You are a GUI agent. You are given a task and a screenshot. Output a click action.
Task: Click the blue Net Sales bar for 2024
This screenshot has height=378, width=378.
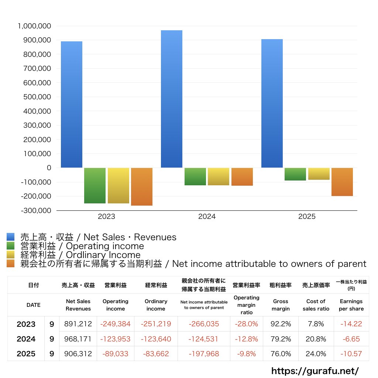click(x=172, y=99)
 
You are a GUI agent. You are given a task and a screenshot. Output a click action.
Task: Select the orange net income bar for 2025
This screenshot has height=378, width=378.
click(x=342, y=182)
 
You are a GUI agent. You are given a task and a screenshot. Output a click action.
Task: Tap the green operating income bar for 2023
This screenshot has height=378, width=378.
click(x=95, y=185)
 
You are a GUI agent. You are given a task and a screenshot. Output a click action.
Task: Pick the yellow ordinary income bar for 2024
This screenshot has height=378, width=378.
click(x=219, y=176)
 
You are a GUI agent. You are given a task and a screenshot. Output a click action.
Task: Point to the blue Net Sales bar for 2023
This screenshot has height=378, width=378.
click(x=72, y=104)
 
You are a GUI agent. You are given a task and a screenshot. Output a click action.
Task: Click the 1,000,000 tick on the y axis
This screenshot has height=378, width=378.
click(x=34, y=26)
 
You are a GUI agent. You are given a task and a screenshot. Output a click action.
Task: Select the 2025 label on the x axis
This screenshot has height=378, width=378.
click(x=307, y=217)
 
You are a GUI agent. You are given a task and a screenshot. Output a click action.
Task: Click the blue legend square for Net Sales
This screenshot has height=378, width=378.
click(x=10, y=237)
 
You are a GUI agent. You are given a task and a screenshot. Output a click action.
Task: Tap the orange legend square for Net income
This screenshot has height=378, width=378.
click(x=10, y=264)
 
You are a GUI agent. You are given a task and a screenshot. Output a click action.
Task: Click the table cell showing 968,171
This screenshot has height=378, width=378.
click(x=78, y=339)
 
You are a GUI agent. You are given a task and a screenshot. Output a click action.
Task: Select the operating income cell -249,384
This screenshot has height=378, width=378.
click(x=116, y=324)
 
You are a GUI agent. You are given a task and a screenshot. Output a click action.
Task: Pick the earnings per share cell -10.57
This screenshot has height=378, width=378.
click(x=351, y=354)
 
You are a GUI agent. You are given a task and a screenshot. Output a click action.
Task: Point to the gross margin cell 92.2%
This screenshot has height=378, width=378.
click(x=281, y=324)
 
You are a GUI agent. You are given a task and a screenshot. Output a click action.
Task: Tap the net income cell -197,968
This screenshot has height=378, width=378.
click(x=204, y=354)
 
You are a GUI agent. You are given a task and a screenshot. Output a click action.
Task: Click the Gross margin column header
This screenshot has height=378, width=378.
click(x=281, y=305)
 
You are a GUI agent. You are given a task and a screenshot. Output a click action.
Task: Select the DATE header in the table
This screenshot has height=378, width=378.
click(x=34, y=305)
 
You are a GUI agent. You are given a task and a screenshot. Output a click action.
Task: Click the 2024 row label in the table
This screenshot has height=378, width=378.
click(x=26, y=339)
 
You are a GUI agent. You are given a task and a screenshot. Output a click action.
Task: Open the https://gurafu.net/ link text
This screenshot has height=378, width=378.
click(x=315, y=370)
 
